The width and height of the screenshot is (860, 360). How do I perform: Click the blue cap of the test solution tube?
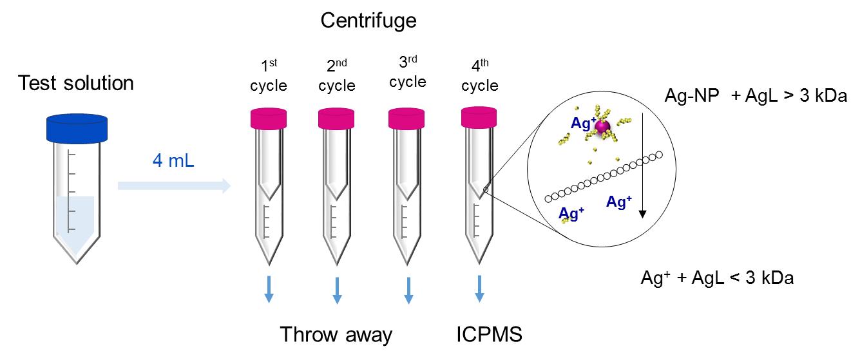pos(77,128)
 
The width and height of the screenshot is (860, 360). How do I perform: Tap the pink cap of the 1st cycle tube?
pos(269,118)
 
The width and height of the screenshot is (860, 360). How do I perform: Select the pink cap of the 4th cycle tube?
pos(479,117)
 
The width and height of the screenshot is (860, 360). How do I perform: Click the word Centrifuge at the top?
pos(368,21)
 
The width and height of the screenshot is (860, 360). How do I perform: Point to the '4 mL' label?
pos(173,160)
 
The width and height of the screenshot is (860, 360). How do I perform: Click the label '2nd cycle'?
pos(337,75)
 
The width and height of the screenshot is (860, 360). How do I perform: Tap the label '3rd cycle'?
pos(408,71)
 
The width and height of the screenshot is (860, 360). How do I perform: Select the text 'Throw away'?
pos(336,335)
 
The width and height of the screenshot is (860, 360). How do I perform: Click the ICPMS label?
pos(489,334)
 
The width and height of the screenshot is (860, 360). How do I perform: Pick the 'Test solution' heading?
pos(76,83)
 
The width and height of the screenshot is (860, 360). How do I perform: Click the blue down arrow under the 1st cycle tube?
pos(269,289)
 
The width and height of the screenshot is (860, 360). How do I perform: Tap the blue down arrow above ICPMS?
pos(479,289)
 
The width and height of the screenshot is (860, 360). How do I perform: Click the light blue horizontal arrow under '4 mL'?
pos(175,185)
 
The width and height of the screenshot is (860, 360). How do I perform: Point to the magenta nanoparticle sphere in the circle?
pos(602,127)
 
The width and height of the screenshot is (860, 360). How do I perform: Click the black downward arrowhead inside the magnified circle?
pos(643,214)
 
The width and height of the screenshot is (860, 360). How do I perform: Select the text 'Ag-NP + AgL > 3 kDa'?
pos(756,95)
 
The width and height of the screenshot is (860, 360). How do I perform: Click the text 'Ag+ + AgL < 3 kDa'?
pos(717,278)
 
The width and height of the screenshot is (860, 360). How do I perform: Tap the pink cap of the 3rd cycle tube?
pos(406,118)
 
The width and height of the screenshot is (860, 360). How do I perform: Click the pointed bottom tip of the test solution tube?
pos(77,264)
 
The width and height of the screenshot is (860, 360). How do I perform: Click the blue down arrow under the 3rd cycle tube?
pos(409,290)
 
